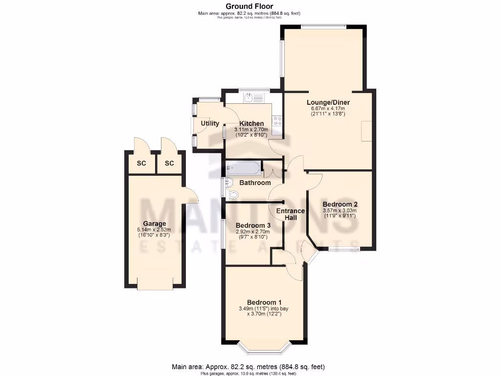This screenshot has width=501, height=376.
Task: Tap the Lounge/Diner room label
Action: (328, 102)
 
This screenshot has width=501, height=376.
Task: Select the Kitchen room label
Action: (251, 124)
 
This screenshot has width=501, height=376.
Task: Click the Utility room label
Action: (210, 123)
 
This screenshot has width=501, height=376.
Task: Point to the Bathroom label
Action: (255, 183)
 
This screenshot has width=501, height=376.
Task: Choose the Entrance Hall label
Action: (291, 214)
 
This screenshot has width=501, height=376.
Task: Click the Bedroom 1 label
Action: (264, 302)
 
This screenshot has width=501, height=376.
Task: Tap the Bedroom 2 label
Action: (340, 204)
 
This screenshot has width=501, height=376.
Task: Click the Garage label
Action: (155, 224)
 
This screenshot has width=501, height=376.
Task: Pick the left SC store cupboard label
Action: (141, 163)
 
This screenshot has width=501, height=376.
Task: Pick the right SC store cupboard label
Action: (169, 163)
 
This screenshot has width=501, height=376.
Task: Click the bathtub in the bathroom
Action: (243, 168)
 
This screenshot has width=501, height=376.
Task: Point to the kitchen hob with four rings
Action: (278, 121)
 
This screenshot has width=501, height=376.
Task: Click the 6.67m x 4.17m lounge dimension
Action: (328, 109)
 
